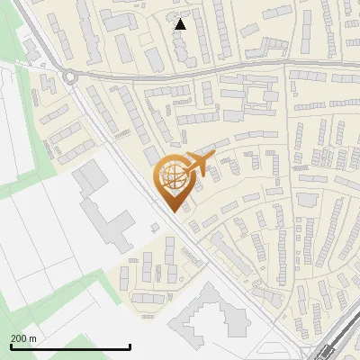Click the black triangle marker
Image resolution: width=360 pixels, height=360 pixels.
coord(181,24)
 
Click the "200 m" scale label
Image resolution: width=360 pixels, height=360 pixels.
coord(23,338)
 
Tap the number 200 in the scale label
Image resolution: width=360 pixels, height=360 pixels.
coord(19,338)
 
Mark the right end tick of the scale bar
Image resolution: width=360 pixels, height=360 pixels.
coord(130,346)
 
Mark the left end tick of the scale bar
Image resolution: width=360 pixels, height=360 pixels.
coord(10,346)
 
